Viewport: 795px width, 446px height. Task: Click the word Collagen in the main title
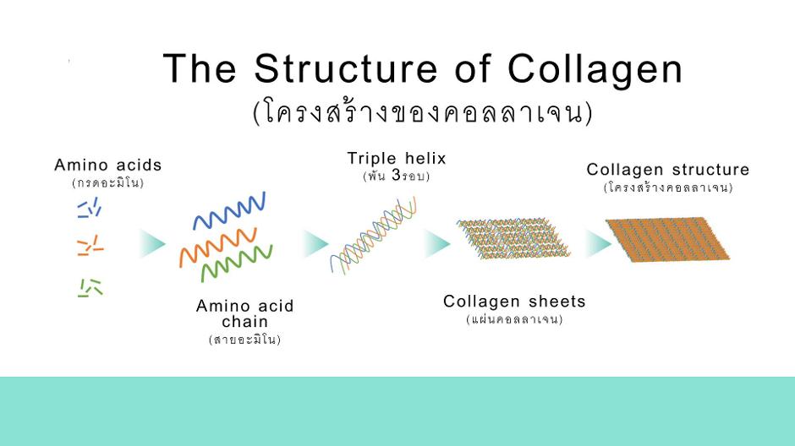coord(595,70)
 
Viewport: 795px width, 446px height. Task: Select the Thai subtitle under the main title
coord(422,112)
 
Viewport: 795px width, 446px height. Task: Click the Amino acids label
coord(108,165)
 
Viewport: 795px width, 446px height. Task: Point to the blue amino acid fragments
coord(90,208)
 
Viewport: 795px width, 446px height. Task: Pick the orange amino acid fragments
coord(90,246)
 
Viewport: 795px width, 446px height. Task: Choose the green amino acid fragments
coord(90,287)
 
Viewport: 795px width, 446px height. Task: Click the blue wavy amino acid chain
coord(229,210)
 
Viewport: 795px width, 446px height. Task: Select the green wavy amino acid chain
coord(237,264)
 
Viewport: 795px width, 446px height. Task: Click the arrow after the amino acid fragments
coord(152,243)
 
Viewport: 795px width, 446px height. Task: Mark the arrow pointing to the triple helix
coord(315,243)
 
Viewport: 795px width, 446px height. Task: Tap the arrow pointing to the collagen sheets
coord(437,243)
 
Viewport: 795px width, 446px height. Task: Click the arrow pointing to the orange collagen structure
coord(599,243)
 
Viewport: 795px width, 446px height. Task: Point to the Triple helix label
coord(397,159)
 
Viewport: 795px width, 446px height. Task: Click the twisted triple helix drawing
coord(374,236)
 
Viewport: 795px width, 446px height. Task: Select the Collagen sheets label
coord(514,302)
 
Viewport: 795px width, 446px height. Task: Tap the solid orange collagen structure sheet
coord(667,239)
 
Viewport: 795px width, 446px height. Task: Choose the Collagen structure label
coord(668,170)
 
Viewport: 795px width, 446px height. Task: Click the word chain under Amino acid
coord(245,322)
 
